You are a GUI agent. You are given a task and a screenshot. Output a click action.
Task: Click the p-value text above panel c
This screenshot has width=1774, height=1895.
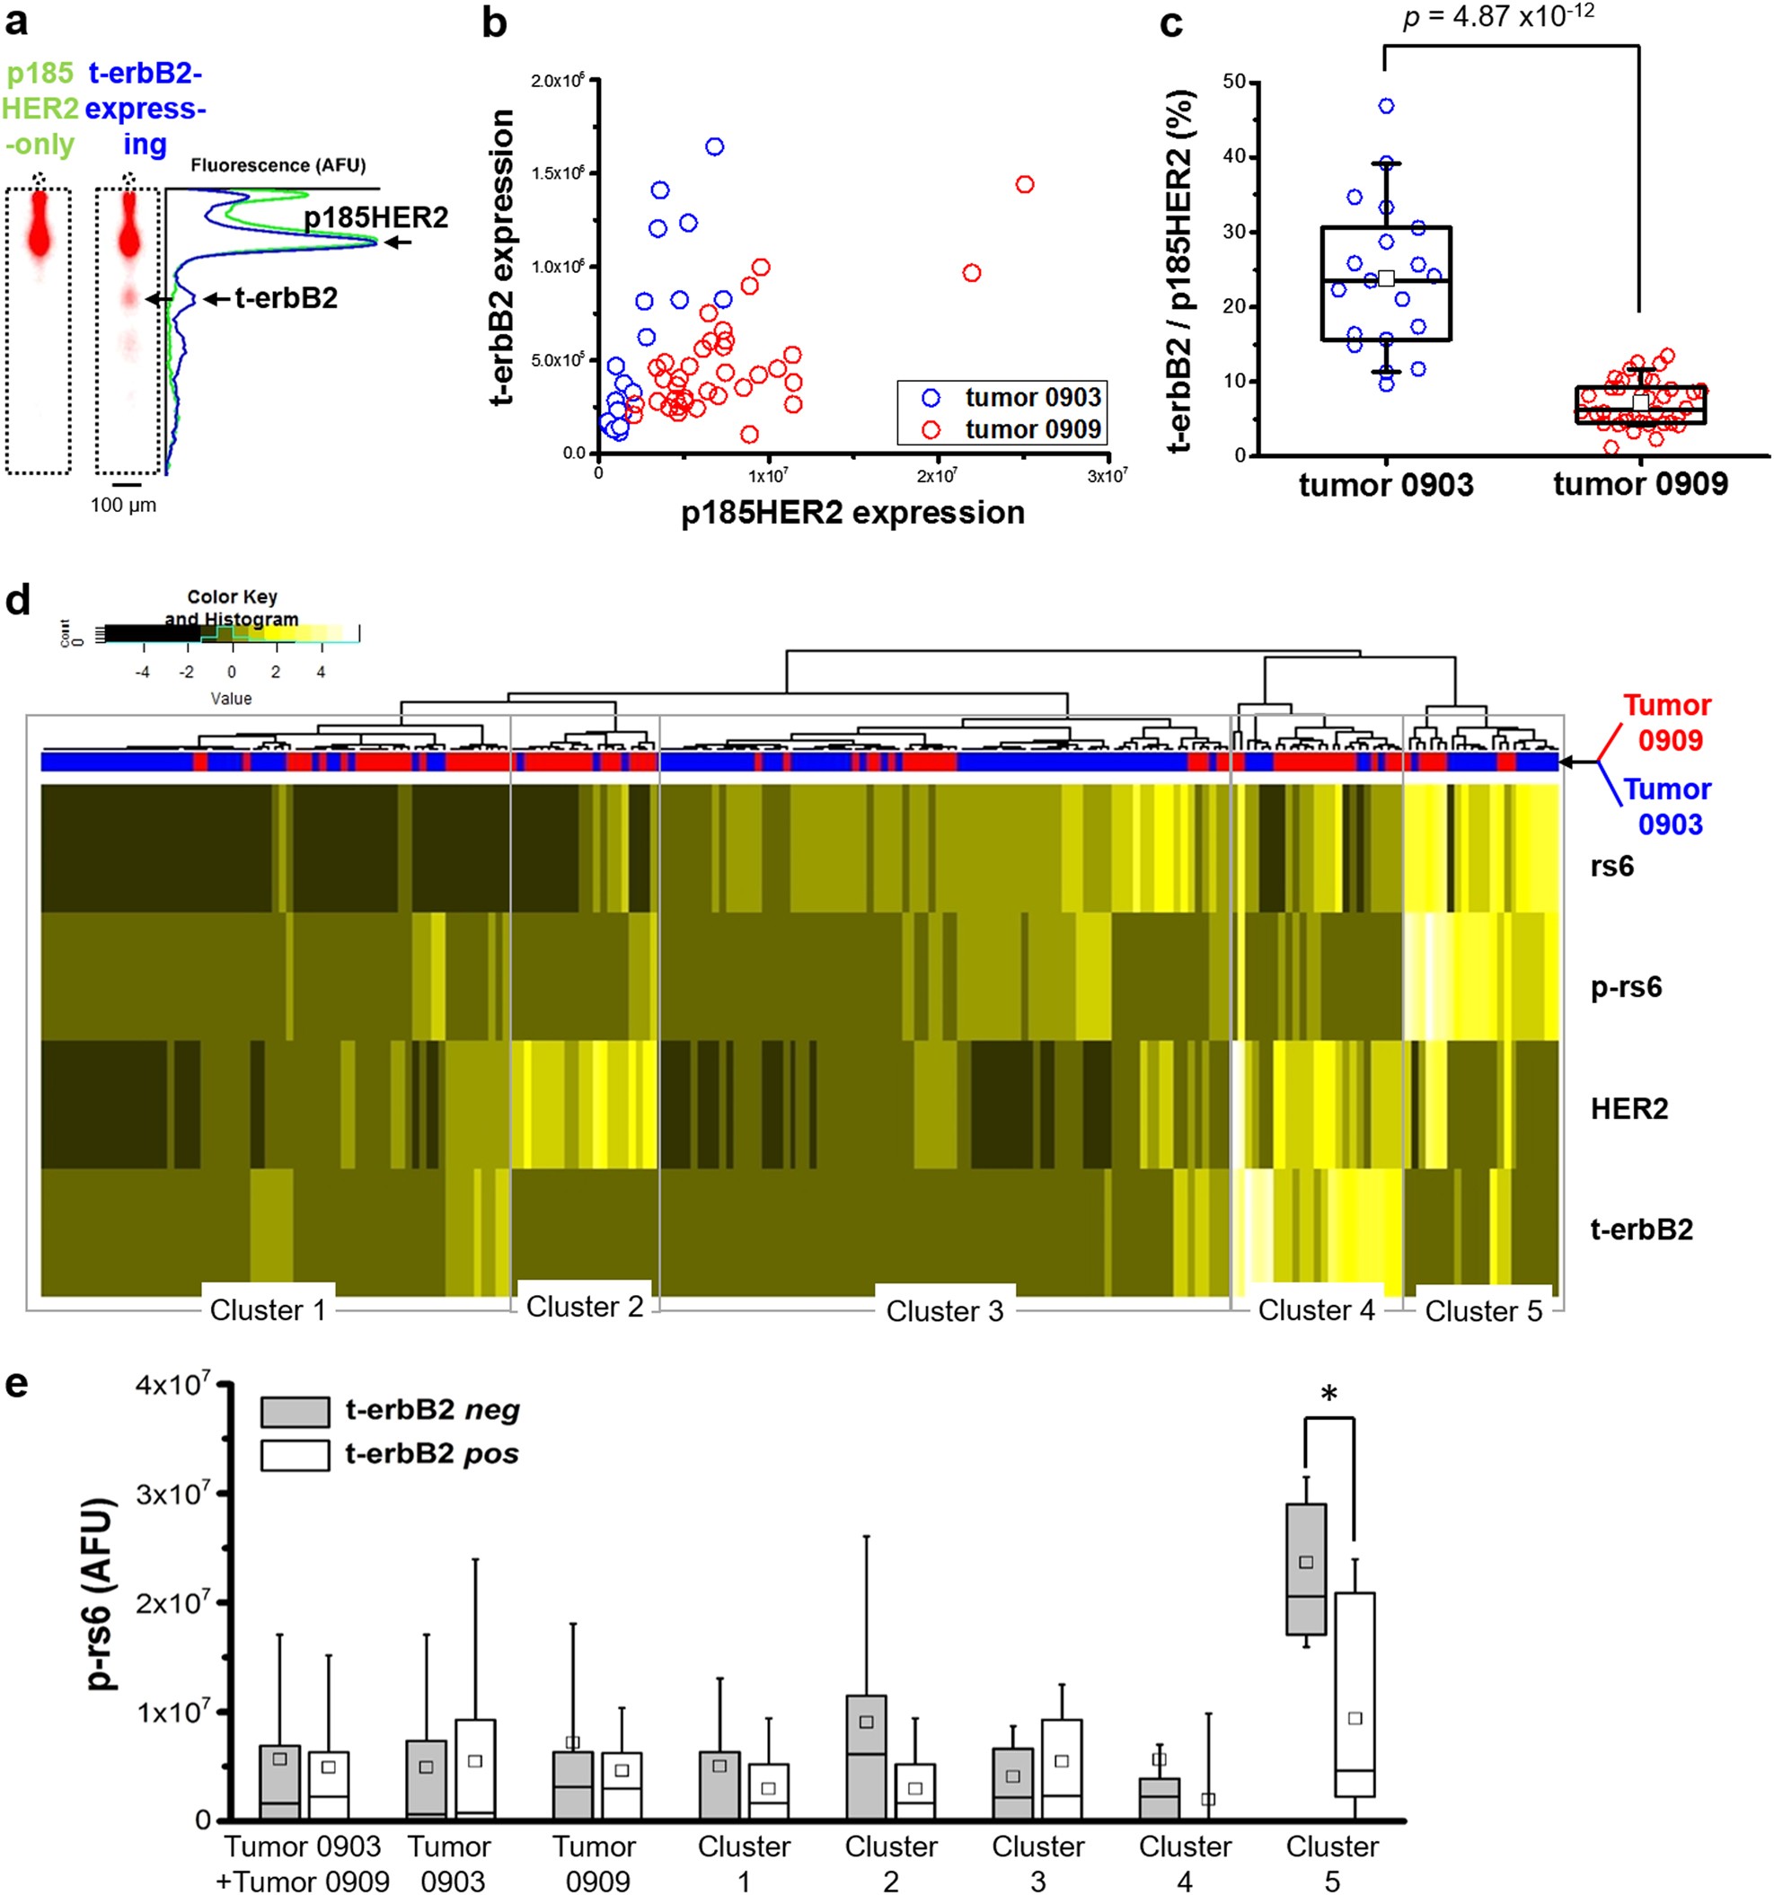click(1497, 17)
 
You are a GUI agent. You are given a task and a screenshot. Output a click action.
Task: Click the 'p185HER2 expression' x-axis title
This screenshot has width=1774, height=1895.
click(852, 513)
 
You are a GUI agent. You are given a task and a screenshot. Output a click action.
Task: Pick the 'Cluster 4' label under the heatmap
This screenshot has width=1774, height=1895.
click(1316, 1310)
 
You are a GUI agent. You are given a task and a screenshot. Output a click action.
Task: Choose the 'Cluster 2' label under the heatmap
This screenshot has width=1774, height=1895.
click(585, 1307)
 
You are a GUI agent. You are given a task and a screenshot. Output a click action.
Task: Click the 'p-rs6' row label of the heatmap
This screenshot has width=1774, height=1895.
click(1625, 987)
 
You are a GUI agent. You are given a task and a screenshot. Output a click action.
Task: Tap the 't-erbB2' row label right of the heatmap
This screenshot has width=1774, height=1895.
click(1640, 1230)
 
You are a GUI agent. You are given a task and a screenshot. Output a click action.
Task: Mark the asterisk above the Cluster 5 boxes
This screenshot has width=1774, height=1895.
click(1328, 1396)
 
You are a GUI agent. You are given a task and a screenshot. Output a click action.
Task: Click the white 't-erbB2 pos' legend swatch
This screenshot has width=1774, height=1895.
click(295, 1456)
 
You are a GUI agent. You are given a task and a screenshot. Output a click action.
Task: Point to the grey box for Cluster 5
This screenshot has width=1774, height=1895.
click(1305, 1569)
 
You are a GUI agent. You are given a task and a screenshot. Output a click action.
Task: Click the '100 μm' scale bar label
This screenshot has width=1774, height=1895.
click(123, 507)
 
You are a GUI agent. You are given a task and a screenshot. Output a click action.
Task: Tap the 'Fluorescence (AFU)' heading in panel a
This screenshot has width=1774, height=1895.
click(278, 165)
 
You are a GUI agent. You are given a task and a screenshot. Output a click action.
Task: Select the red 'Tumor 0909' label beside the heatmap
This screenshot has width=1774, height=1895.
click(1667, 723)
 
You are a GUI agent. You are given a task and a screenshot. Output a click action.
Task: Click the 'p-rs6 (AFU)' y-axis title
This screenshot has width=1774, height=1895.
click(101, 1595)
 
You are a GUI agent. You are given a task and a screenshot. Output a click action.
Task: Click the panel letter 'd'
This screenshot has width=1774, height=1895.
click(18, 602)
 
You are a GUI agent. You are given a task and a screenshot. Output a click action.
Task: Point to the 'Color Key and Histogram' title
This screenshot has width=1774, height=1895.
click(232, 608)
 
